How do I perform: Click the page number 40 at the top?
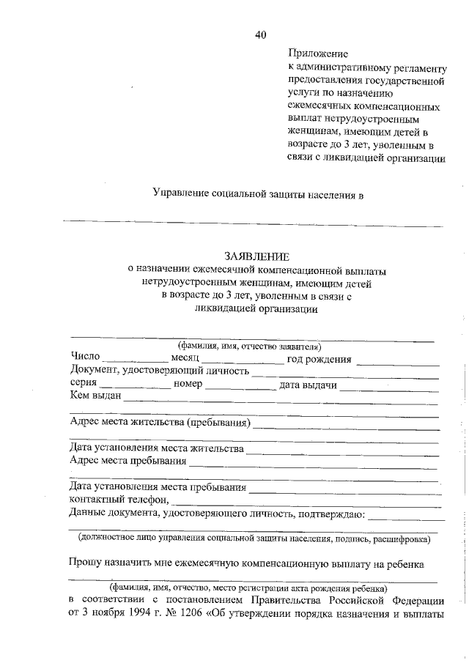pos(261,34)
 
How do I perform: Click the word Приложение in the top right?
pos(317,53)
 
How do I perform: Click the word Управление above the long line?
pos(180,193)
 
